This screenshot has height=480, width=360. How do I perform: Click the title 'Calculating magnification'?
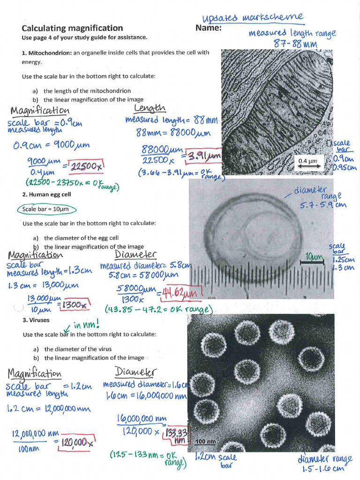pyautogui.click(x=72, y=28)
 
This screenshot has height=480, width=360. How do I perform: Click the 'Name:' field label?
pyautogui.click(x=208, y=28)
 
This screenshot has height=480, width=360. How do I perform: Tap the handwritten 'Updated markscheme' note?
pyautogui.click(x=253, y=17)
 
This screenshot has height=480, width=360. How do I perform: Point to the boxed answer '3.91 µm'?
pyautogui.click(x=202, y=155)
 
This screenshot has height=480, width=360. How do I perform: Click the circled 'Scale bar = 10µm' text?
pyautogui.click(x=45, y=209)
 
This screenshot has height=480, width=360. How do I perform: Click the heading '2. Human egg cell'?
pyautogui.click(x=46, y=194)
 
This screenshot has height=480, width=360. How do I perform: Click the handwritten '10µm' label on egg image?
pyautogui.click(x=314, y=256)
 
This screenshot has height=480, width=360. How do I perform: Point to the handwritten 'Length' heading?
pyautogui.click(x=150, y=109)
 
